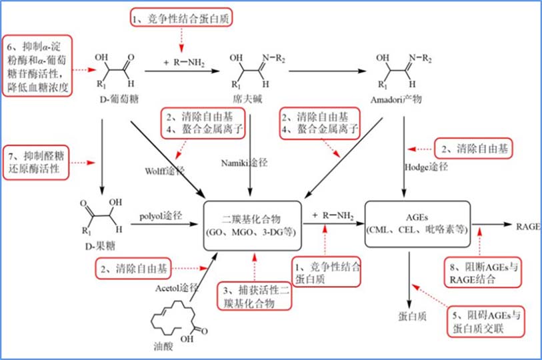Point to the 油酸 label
coord(163,346)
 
